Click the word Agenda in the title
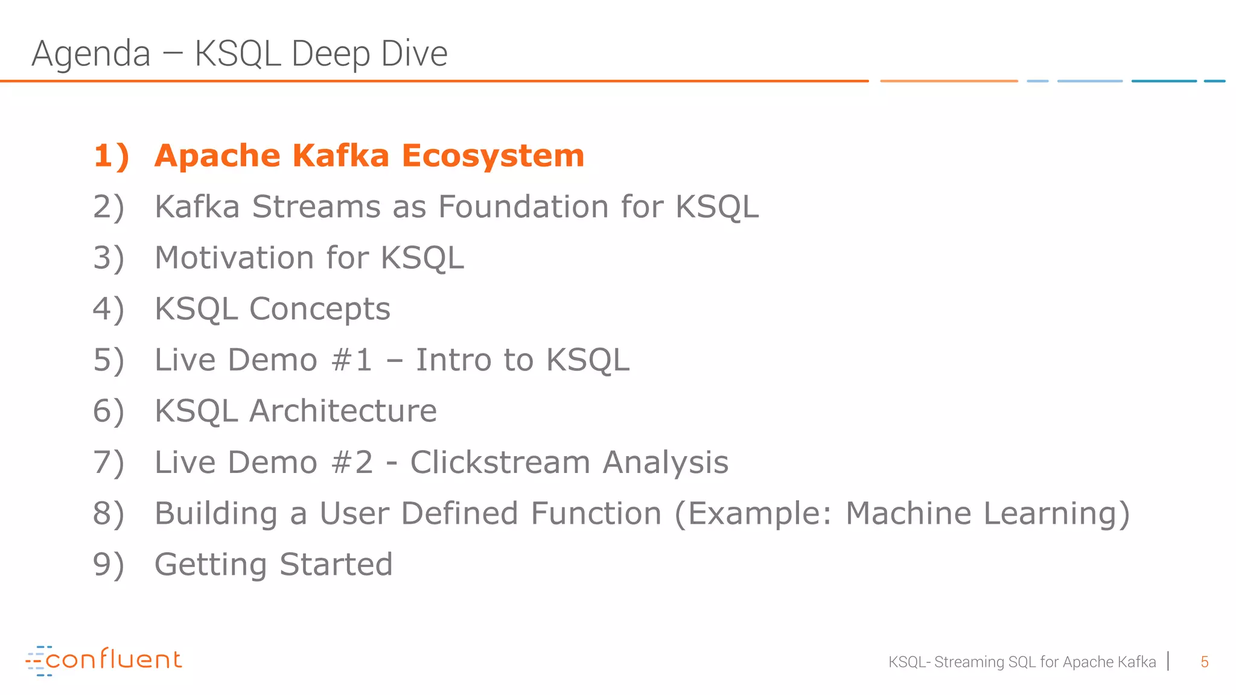[91, 54]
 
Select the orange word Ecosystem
[493, 156]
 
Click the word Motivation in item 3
[234, 258]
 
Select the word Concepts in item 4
[320, 309]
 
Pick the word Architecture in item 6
[343, 411]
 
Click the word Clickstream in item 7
[500, 463]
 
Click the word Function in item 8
[596, 513]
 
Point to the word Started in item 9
[336, 565]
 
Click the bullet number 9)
[109, 565]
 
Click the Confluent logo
[104, 660]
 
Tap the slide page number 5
[1204, 662]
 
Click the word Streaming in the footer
[969, 662]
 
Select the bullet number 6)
[109, 411]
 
